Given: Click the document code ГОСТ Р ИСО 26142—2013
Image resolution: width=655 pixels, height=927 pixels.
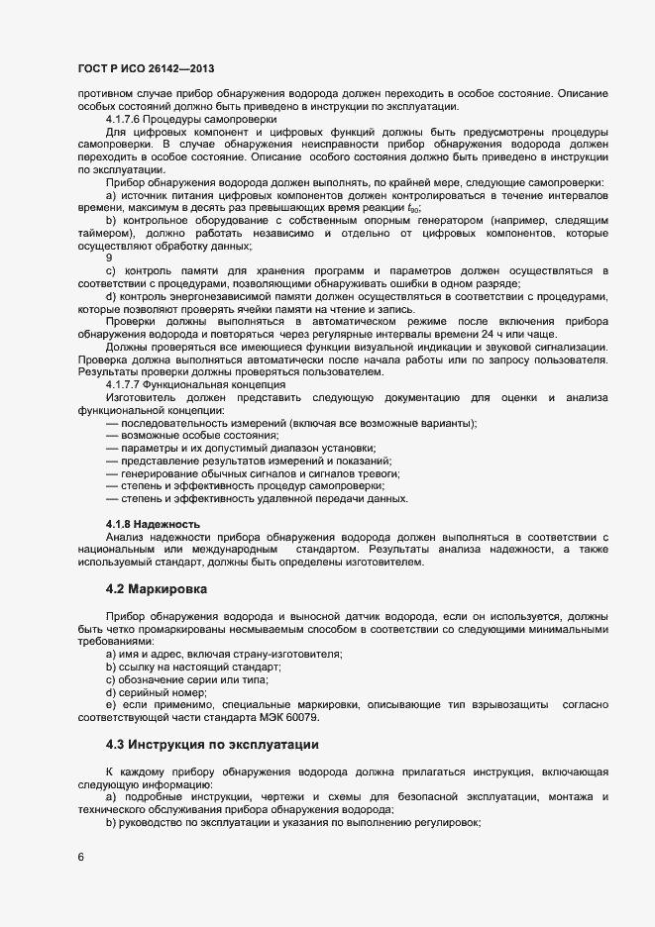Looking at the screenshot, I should pos(145,68).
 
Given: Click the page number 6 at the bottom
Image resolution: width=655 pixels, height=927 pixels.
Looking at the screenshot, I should pos(80,857).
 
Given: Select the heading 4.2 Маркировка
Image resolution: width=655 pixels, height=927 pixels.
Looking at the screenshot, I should pos(156,589).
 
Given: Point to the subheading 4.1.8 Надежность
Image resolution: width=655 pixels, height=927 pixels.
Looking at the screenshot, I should pos(153,524).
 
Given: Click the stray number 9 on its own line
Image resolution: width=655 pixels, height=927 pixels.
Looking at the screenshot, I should pos(109,257).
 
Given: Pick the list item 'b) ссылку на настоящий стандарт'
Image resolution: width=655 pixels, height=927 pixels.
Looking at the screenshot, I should pos(186,667).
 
